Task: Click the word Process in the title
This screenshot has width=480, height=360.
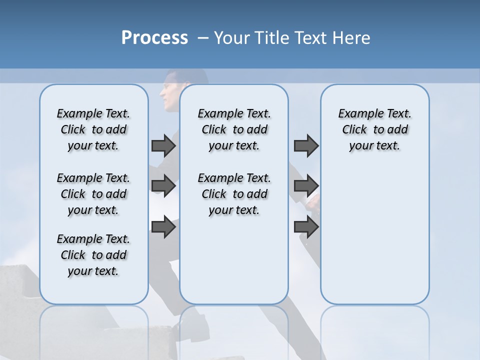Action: pyautogui.click(x=154, y=38)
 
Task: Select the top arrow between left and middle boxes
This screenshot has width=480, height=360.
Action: pyautogui.click(x=163, y=145)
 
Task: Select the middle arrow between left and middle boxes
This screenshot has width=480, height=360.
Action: pyautogui.click(x=163, y=186)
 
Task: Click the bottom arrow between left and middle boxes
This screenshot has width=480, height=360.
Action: pyautogui.click(x=163, y=227)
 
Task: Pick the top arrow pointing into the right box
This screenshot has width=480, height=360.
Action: pyautogui.click(x=306, y=145)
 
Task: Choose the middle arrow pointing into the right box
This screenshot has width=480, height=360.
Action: pyautogui.click(x=306, y=186)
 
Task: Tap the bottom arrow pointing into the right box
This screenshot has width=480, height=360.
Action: pyautogui.click(x=306, y=227)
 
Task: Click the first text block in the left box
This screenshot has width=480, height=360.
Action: pyautogui.click(x=93, y=129)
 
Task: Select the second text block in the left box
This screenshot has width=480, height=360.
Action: pyautogui.click(x=93, y=194)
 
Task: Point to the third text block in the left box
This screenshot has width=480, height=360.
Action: pyautogui.click(x=93, y=255)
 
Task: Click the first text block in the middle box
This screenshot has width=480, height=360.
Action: pyautogui.click(x=234, y=129)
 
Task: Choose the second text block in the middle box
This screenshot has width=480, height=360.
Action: pyautogui.click(x=234, y=194)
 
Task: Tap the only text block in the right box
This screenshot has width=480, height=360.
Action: pyautogui.click(x=374, y=129)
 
